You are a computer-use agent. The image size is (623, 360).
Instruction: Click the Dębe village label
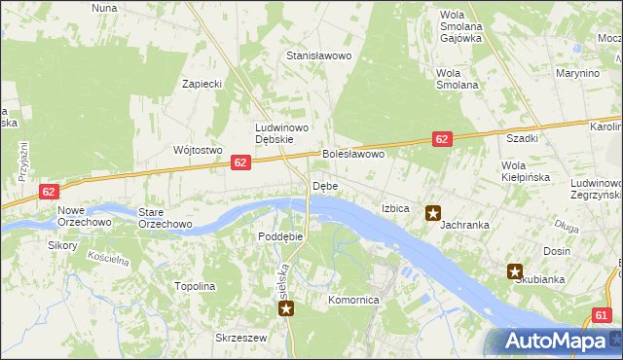324,186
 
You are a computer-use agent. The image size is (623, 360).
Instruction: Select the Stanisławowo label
317,56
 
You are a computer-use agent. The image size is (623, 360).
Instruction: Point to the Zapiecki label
202,84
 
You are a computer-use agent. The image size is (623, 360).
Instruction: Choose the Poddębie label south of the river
281,236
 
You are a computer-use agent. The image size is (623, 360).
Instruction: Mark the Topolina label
194,287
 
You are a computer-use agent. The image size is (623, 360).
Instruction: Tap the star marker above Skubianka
515,272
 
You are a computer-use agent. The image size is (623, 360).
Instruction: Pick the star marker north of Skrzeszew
286,309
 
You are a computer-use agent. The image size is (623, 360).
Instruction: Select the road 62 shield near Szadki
442,140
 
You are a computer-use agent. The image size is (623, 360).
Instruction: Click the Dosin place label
557,251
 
